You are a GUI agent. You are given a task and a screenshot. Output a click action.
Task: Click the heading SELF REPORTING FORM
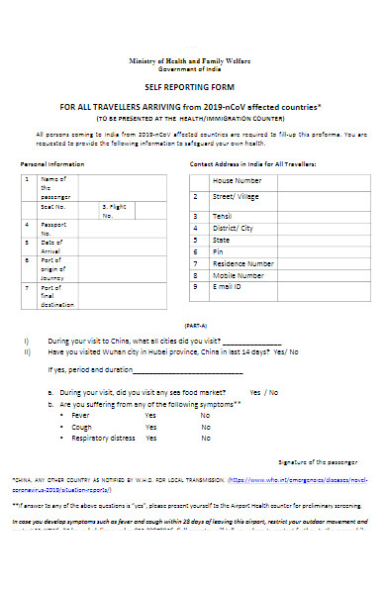(192, 88)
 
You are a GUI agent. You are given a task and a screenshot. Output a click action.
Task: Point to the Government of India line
(192, 69)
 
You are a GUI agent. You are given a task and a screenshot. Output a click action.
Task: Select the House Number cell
(237, 180)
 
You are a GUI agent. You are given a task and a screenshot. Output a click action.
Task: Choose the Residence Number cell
(243, 263)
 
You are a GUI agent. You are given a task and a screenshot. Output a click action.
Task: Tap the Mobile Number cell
(239, 275)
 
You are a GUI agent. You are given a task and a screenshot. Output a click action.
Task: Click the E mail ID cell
(228, 287)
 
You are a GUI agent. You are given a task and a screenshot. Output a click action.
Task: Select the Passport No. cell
(52, 229)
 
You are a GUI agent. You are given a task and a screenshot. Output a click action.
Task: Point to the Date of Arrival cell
(51, 247)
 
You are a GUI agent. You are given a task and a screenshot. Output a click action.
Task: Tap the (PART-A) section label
(194, 326)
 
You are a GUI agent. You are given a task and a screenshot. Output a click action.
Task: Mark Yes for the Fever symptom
(150, 415)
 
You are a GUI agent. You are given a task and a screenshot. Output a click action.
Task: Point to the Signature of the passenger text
(317, 461)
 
